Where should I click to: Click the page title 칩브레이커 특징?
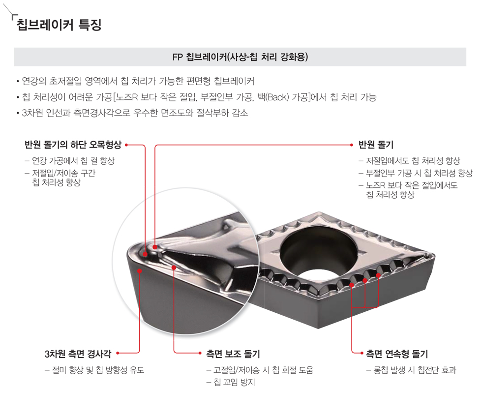59,25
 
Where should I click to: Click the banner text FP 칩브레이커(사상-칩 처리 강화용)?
240,57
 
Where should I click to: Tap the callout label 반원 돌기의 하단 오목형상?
73,145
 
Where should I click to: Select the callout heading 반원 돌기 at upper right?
376,145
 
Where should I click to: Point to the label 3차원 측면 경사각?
78,354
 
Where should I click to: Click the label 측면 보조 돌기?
233,354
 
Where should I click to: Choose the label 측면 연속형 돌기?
397,354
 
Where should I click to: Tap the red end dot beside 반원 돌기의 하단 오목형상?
126,145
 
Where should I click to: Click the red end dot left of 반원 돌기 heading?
352,145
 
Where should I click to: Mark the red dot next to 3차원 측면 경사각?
118,353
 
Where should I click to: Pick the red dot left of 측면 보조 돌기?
200,353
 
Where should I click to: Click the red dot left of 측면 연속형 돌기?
362,353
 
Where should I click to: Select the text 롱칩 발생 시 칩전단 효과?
411,370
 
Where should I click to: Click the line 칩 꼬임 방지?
231,383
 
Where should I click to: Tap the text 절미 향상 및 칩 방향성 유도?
94,370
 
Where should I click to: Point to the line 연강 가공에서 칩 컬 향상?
70,160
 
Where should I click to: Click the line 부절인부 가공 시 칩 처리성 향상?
416,173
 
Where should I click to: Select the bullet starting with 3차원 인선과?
132,113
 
